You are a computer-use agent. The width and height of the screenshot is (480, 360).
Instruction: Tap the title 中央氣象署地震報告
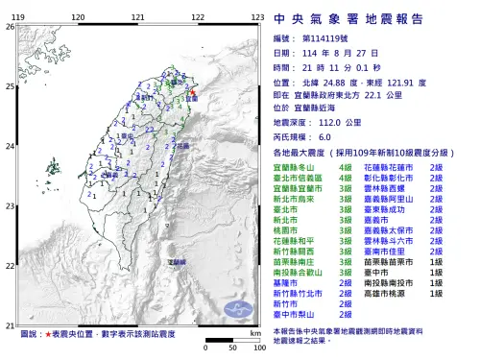pos(370,15)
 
